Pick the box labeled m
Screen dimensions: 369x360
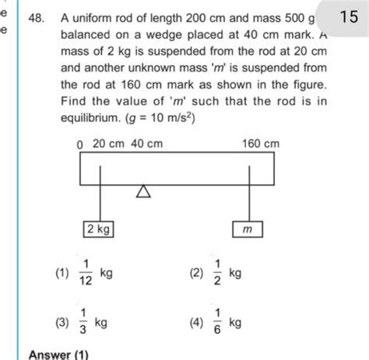(248, 230)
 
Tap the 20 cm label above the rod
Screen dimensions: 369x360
(108, 143)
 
